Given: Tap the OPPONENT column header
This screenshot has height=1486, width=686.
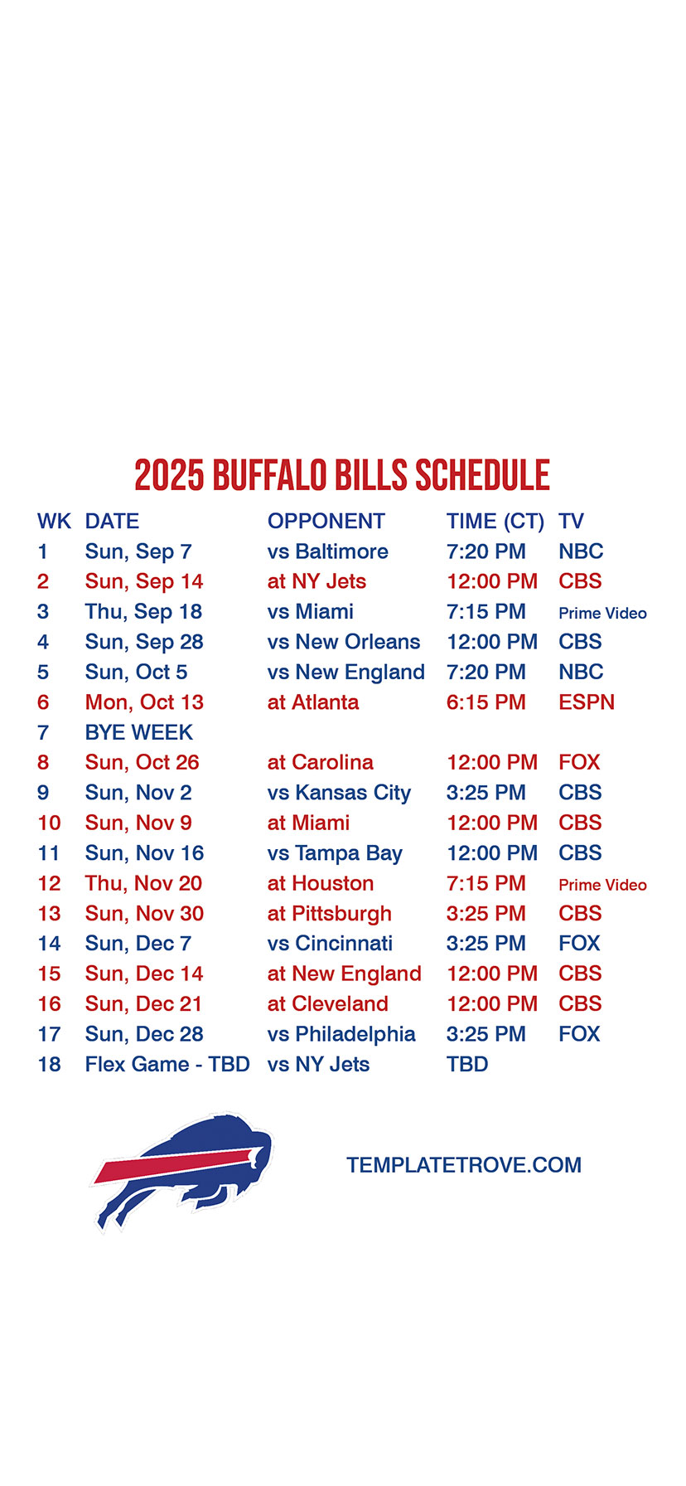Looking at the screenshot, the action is [326, 522].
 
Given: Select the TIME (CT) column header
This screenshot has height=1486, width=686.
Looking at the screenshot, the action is [495, 522].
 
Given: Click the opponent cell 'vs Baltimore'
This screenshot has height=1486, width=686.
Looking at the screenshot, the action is [328, 551].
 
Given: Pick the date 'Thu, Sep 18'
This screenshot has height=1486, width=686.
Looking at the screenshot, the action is [143, 612].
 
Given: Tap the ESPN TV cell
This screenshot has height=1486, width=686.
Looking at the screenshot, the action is [587, 702].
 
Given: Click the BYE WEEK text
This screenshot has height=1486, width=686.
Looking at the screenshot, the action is [139, 732].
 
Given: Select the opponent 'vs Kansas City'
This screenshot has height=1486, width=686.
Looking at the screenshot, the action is [339, 794].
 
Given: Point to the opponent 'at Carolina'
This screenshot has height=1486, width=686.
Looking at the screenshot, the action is [321, 763].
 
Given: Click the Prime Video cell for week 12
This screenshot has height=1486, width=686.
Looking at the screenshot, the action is [602, 885].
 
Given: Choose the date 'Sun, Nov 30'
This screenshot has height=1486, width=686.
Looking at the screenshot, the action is [144, 914].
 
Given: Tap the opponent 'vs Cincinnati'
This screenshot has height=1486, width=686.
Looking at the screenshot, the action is [330, 944].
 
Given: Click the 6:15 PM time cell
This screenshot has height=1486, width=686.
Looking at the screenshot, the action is [486, 702].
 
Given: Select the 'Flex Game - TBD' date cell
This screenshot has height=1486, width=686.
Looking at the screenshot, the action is [167, 1065].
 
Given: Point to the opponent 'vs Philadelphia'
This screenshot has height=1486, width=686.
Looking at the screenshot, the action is [341, 1034].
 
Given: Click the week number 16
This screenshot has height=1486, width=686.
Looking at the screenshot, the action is [50, 1004].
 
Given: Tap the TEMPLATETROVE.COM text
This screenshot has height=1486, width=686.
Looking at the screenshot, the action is [464, 1165].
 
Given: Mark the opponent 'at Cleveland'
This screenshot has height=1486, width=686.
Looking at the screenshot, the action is [328, 1004].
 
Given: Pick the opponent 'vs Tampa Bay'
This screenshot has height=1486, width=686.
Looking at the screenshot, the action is [335, 853].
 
